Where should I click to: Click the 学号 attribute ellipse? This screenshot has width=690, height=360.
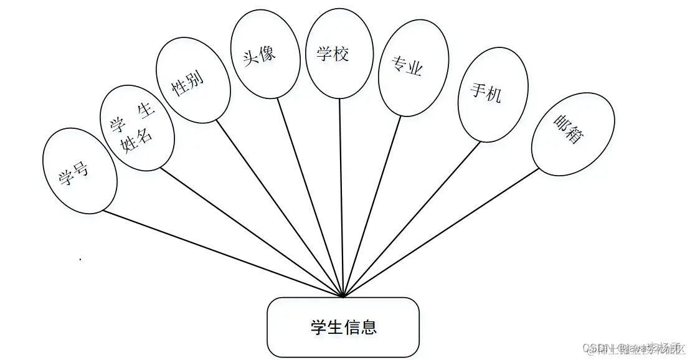79,171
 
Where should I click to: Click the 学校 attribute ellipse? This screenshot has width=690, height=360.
340,53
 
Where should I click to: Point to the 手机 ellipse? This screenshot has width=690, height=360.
493,95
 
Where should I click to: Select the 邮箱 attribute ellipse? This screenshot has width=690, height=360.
572,134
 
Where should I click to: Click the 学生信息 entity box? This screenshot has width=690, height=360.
343,327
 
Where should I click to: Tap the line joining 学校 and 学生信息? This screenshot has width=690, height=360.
341,199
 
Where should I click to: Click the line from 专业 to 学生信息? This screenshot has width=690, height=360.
372,206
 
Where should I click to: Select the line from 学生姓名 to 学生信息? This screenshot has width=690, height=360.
249,231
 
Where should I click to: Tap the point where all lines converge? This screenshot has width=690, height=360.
343,296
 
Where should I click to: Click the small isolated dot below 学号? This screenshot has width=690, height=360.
80,258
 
